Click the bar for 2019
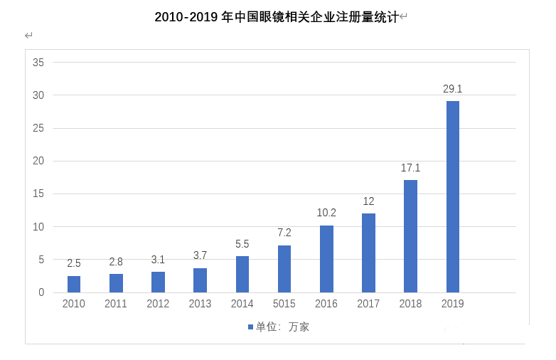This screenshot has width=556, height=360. [x=452, y=196]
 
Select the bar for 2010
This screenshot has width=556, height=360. [x=74, y=284]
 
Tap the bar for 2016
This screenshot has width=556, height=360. [x=326, y=259]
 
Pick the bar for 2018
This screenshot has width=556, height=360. [x=410, y=236]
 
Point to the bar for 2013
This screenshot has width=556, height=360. [x=200, y=280]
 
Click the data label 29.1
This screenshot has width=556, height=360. [x=452, y=89]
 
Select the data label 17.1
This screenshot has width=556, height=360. [x=410, y=168]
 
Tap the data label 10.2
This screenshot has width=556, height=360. [x=326, y=213]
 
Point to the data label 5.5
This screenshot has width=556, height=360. [x=242, y=244]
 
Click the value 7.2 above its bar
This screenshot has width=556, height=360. [x=284, y=233]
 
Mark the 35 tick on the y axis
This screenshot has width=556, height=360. [x=38, y=63]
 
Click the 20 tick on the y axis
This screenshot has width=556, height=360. [x=38, y=161]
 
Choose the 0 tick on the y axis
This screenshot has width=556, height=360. [x=41, y=292]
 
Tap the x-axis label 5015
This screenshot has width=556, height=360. [x=284, y=304]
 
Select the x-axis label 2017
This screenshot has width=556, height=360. [x=368, y=304]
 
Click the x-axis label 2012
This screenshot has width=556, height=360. [x=158, y=304]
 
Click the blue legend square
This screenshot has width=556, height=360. [x=250, y=327]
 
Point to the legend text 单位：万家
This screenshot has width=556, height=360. [x=282, y=327]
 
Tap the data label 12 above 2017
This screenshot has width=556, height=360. [x=368, y=201]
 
